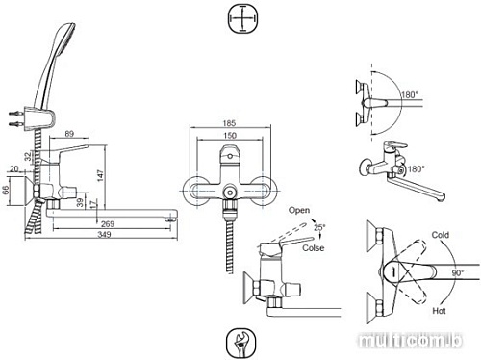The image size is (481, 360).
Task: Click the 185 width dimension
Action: click(x=227, y=124)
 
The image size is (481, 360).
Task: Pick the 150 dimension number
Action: click(x=227, y=138)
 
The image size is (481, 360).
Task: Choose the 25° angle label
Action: click(x=319, y=227)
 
